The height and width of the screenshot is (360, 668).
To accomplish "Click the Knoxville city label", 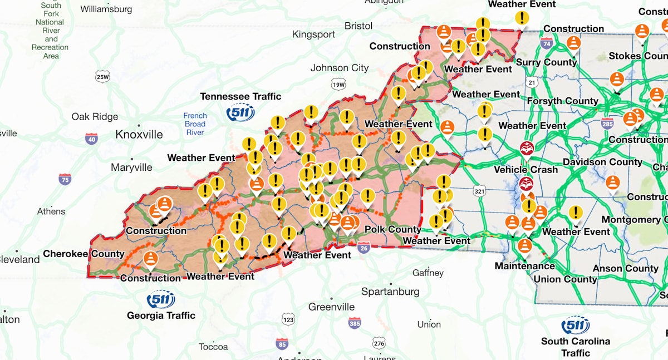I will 139,135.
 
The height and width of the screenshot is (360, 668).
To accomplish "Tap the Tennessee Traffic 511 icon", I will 240,112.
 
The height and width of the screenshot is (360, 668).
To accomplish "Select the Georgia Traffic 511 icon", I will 161,299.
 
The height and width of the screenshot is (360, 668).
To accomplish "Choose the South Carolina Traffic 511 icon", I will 575,325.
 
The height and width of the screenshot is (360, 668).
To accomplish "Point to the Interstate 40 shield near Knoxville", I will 91,138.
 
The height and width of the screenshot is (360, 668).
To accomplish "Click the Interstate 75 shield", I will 65,179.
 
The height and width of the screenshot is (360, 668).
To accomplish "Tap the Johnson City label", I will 340,68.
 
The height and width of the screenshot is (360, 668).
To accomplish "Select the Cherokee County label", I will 83,254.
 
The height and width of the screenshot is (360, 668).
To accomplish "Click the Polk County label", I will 392,229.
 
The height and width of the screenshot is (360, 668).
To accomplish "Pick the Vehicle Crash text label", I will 525,170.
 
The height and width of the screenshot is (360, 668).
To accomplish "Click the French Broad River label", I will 195,124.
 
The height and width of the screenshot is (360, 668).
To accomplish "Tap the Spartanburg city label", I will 390,292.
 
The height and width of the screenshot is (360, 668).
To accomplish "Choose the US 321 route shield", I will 479,191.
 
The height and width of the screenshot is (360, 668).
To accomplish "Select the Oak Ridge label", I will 95,116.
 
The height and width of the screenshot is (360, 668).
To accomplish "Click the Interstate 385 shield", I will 355,323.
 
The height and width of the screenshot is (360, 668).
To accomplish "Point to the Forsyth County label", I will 562,101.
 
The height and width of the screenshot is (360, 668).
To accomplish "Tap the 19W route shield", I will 338,85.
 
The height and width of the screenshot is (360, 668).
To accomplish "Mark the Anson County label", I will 625,268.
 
